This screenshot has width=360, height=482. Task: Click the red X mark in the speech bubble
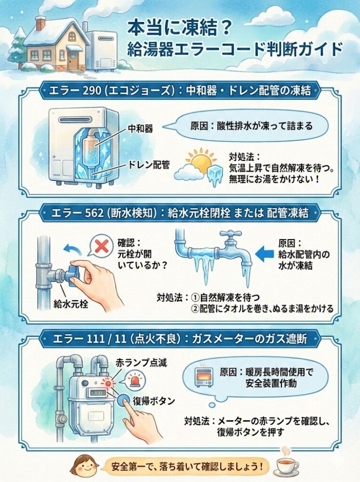click(102, 246)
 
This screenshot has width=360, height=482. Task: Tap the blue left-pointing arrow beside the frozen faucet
click(265, 254)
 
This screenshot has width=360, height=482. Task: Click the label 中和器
click(140, 128)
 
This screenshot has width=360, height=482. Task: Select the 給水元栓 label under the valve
click(71, 304)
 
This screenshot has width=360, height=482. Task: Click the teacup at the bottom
click(287, 465)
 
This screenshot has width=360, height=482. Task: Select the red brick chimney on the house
click(40, 23)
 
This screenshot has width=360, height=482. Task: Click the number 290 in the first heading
click(92, 91)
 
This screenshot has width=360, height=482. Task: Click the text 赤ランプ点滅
click(141, 363)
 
